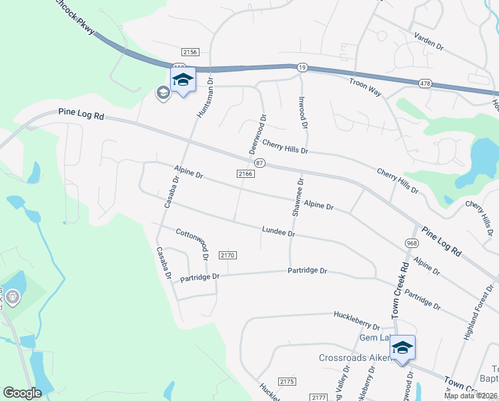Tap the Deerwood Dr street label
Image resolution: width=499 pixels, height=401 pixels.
258,134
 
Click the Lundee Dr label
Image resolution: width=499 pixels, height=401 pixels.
278,232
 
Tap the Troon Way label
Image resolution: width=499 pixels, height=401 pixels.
365,88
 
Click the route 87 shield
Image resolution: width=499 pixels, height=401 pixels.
260,163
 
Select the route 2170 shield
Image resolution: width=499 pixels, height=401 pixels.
227,255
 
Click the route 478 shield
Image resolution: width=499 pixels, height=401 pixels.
425,84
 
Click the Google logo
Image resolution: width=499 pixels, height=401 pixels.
22,392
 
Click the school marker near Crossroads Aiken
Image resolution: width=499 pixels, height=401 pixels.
402,348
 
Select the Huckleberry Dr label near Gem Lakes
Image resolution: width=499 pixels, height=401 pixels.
358,327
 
